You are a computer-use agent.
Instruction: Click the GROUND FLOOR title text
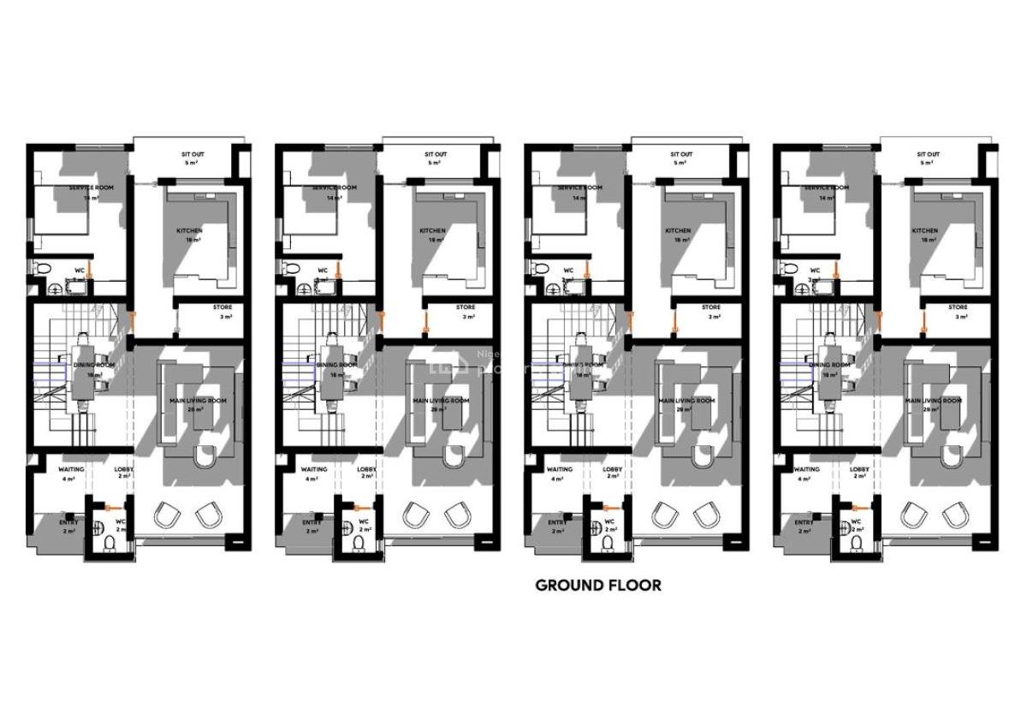point(597,586)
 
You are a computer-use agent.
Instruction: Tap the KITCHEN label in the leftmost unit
point(186,231)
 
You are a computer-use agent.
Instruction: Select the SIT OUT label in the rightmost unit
point(927,154)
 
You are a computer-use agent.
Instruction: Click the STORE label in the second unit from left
point(466,307)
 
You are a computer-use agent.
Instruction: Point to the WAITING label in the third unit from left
point(560,469)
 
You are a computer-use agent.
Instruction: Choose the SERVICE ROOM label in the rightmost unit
point(826,187)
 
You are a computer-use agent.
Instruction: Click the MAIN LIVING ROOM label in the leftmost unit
point(196,401)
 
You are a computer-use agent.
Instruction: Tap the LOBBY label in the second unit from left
point(366,469)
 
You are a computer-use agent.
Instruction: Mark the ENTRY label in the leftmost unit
point(68,522)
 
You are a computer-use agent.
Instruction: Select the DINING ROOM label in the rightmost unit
point(830,365)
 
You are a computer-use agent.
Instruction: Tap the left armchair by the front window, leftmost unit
point(165,515)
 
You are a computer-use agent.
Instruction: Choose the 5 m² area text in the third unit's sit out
point(680,163)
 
